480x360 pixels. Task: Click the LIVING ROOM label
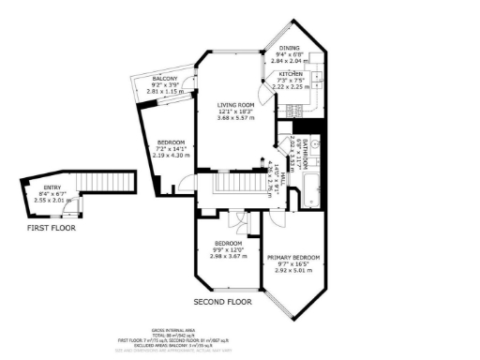(x=236, y=104)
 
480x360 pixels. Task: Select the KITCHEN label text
(x=289, y=73)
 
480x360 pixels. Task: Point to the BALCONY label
(x=165, y=78)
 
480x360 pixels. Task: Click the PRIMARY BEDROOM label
(x=293, y=257)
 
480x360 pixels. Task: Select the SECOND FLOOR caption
(x=222, y=302)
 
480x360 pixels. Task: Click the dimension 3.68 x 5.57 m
(x=236, y=117)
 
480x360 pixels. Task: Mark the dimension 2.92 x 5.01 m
(x=293, y=270)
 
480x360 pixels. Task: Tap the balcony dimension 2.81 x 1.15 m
(x=165, y=91)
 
